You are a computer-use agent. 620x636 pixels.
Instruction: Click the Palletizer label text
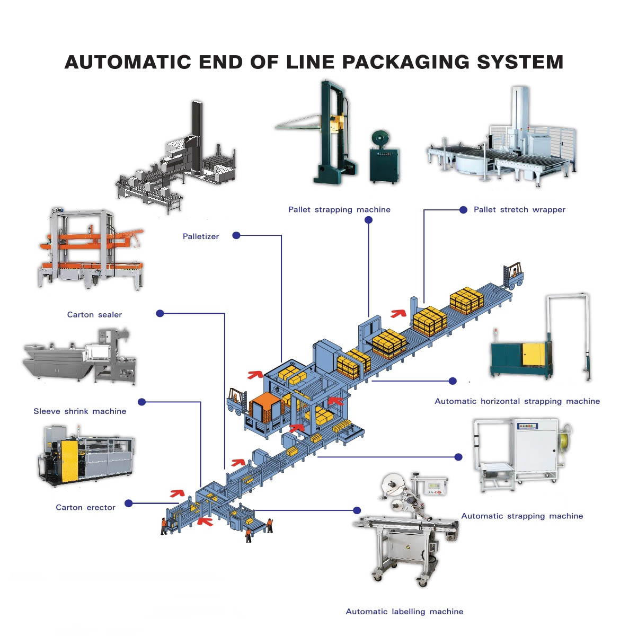tap(200, 236)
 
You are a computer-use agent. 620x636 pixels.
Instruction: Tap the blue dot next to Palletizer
tap(236, 235)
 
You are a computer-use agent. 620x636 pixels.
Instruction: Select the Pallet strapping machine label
tap(339, 209)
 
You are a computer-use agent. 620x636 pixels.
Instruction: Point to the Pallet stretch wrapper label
tap(519, 209)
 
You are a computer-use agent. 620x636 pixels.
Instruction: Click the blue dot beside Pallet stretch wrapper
tap(463, 210)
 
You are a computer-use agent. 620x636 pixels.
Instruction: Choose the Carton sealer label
tap(94, 314)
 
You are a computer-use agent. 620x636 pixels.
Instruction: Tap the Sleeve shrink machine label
tap(79, 411)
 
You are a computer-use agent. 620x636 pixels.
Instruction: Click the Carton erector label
tap(85, 507)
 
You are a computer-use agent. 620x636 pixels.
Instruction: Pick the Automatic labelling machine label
tap(404, 611)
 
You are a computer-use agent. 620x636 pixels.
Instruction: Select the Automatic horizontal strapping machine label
tap(517, 401)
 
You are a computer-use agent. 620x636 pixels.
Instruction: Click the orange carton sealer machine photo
tap(90, 249)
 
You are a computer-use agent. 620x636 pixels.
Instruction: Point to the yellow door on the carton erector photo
tap(69, 461)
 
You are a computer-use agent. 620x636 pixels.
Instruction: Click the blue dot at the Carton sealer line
tap(160, 313)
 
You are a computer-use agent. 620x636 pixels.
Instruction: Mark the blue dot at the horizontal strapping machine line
tap(453, 381)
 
